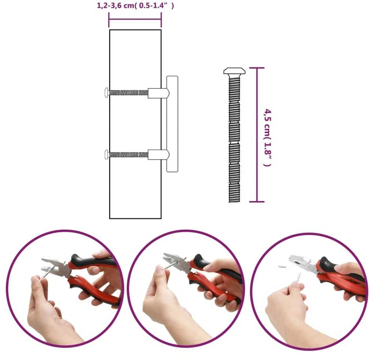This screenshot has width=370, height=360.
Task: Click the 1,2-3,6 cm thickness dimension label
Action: point(135,6)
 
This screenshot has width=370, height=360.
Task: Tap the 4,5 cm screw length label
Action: point(267,138)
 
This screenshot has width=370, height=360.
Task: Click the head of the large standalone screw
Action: point(234,71)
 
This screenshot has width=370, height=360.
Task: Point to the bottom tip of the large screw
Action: point(234,202)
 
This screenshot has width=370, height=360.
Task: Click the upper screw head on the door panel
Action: point(107,92)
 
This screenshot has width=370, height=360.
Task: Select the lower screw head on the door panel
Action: point(107,155)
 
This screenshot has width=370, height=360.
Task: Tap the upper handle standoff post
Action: point(158,93)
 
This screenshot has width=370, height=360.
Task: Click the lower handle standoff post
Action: point(158,155)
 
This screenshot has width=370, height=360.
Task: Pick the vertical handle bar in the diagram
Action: point(172,124)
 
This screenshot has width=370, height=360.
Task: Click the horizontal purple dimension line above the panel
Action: point(135,20)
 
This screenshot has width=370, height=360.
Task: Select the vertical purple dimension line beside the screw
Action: point(257,135)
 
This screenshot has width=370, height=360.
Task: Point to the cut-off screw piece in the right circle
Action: point(282,267)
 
